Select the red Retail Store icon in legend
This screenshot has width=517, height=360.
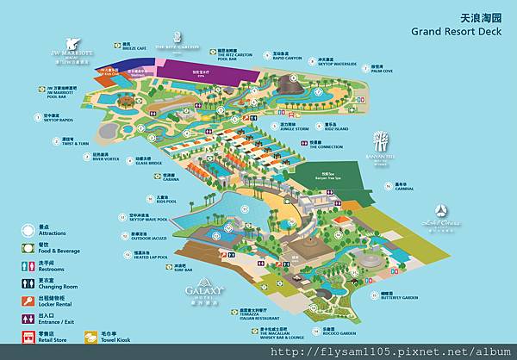(x=28, y=337)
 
